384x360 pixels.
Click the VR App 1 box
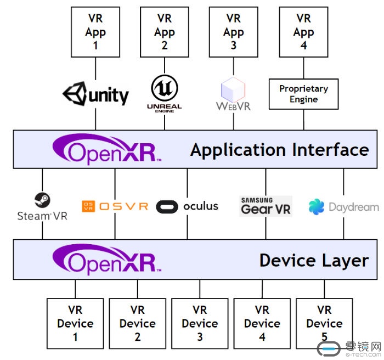[95, 32]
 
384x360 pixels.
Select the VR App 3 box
[234, 32]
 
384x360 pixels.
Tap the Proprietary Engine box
[304, 94]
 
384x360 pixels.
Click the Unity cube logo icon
[75, 94]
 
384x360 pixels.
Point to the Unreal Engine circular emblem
[165, 88]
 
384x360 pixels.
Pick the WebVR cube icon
[233, 89]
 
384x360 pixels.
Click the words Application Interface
[280, 150]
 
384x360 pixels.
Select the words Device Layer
[314, 261]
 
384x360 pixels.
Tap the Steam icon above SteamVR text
[42, 200]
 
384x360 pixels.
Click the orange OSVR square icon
[88, 206]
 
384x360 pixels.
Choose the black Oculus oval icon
[167, 206]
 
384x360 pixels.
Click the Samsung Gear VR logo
[266, 206]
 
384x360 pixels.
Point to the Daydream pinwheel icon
[317, 207]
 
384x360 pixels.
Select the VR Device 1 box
[75, 323]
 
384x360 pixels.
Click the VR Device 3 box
[200, 323]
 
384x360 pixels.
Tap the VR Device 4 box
[262, 323]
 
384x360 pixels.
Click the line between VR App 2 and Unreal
[165, 65]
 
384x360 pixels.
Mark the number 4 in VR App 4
[304, 46]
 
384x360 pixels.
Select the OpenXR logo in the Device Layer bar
[107, 259]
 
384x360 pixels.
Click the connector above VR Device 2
[138, 289]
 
